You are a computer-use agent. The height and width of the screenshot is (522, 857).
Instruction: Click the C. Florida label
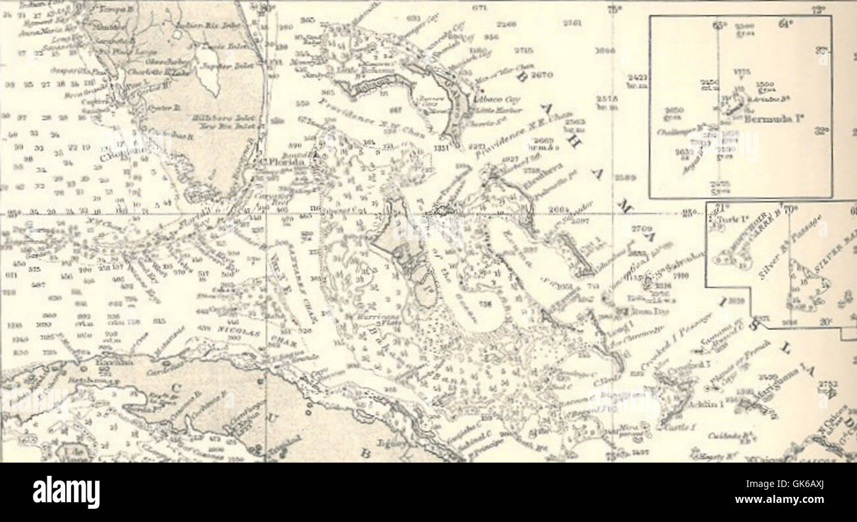281,161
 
